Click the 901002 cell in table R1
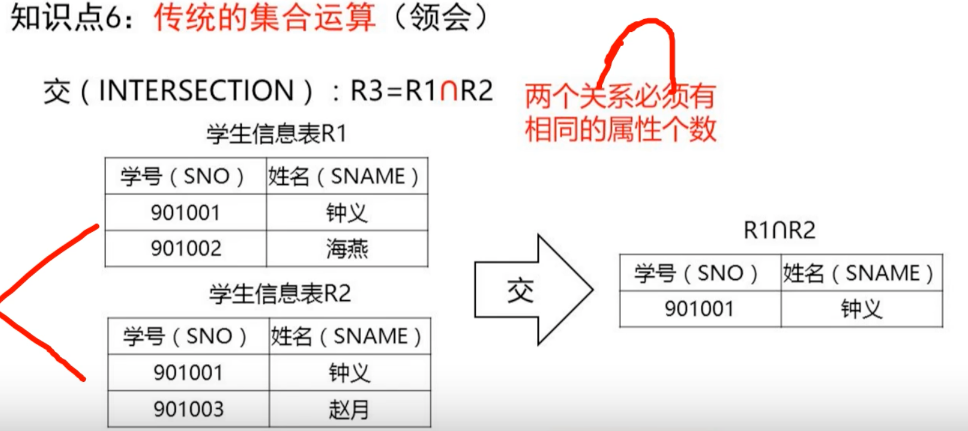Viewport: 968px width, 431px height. click(185, 249)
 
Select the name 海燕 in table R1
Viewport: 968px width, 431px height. click(347, 249)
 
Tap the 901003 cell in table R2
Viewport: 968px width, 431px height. click(189, 409)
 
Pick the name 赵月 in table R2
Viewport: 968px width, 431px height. click(349, 409)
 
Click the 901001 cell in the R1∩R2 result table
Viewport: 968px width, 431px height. click(700, 309)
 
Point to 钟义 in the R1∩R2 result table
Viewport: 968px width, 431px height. click(861, 309)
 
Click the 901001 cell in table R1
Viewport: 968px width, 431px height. click(185, 213)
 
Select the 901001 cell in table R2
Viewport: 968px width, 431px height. click(189, 373)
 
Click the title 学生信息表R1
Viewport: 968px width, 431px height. click(277, 133)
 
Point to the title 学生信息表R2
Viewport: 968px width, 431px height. click(280, 294)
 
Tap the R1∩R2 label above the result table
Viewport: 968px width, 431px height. click(779, 230)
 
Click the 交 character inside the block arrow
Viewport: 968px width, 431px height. click(520, 290)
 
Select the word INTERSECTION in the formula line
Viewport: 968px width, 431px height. click(197, 91)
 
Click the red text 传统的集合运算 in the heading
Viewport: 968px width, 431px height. click(264, 17)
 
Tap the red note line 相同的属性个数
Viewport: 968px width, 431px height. click(620, 129)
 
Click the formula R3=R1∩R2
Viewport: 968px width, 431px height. click(421, 91)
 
